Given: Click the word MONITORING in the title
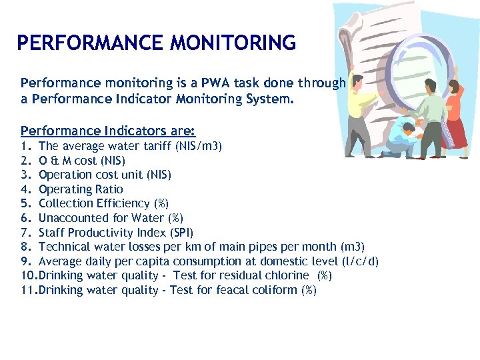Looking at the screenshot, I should pyautogui.click(x=233, y=43).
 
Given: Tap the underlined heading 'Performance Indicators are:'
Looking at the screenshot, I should pyautogui.click(x=108, y=131).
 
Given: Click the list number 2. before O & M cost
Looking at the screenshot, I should pyautogui.click(x=26, y=161).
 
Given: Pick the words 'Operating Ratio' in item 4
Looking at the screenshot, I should pyautogui.click(x=81, y=189).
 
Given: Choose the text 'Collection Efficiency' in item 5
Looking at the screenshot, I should pyautogui.click(x=94, y=203).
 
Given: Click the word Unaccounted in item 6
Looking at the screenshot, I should pyautogui.click(x=71, y=218).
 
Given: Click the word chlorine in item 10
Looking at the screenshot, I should pyautogui.click(x=287, y=275).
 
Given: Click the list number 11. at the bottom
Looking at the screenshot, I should pyautogui.click(x=29, y=290).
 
